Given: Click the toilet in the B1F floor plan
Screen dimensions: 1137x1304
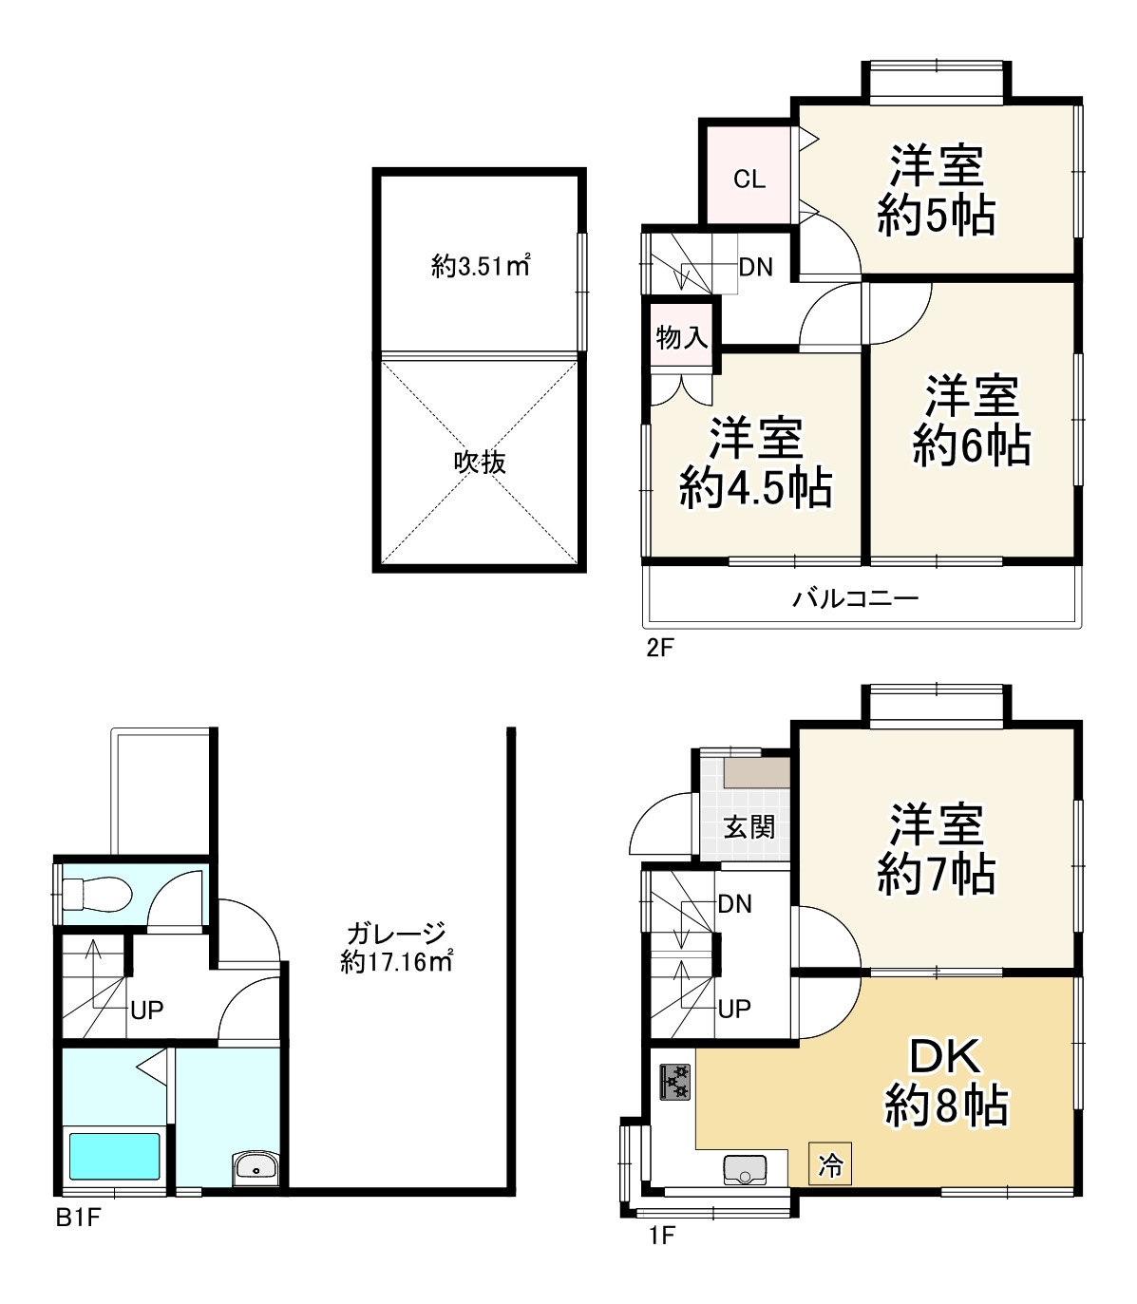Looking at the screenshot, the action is tap(98, 895).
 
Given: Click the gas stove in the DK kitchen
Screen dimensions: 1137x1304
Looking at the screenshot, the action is tap(675, 1082).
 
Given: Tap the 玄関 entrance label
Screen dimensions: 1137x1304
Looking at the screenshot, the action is tap(749, 827).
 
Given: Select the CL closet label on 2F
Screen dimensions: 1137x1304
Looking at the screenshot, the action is tap(749, 180).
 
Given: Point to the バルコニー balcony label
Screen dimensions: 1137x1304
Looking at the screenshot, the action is tap(855, 597).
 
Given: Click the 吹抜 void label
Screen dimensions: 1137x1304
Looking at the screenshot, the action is tap(480, 463).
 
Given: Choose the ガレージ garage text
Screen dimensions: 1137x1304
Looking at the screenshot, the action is tap(396, 934).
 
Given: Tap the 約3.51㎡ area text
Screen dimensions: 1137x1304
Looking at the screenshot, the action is tap(481, 265).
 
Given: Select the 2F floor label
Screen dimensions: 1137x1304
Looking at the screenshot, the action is tap(659, 648).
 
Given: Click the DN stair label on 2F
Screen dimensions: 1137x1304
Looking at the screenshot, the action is tap(756, 267).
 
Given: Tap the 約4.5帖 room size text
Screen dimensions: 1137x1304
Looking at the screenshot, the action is tap(755, 488).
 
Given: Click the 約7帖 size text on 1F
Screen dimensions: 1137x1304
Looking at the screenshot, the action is tap(937, 874).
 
